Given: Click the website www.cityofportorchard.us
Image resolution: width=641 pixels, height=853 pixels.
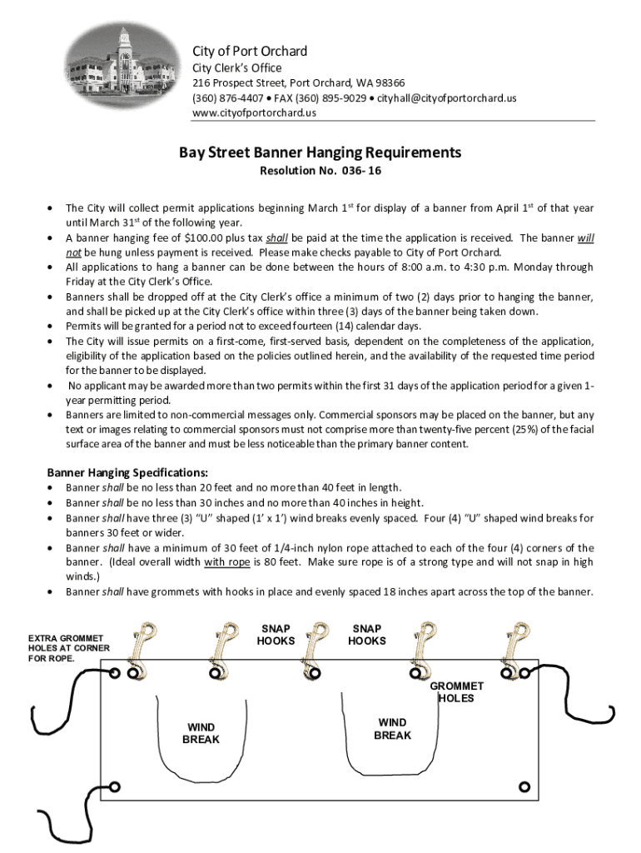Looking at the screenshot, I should pyautogui.click(x=254, y=113).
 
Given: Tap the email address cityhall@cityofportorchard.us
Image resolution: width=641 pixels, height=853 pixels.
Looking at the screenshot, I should pyautogui.click(x=447, y=98).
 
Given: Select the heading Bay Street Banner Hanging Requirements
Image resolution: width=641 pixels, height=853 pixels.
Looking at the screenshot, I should pyautogui.click(x=320, y=152).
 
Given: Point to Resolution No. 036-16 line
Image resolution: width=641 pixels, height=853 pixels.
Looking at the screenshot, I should pyautogui.click(x=320, y=172).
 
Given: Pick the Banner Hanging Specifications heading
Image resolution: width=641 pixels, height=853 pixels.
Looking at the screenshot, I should pyautogui.click(x=127, y=471).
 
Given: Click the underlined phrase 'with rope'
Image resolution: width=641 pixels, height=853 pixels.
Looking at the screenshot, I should pyautogui.click(x=228, y=561).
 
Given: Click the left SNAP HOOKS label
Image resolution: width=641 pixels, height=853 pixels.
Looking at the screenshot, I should pyautogui.click(x=276, y=635).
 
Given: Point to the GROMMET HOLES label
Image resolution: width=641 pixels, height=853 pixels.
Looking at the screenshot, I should pyautogui.click(x=456, y=692).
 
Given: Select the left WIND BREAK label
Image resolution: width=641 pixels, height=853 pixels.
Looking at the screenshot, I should pyautogui.click(x=201, y=733).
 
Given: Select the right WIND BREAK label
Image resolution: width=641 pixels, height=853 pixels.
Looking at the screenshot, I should pyautogui.click(x=392, y=729).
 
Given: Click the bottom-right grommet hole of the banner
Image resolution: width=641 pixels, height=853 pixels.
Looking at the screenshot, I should pyautogui.click(x=524, y=786).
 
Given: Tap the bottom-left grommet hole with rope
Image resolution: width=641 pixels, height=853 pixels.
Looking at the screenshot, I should pyautogui.click(x=115, y=786).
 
